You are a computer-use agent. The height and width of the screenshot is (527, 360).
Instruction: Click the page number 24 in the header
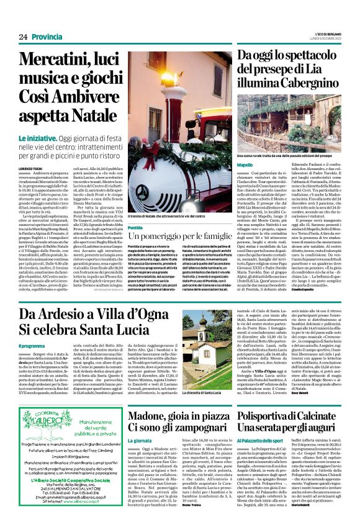(x=22, y=37)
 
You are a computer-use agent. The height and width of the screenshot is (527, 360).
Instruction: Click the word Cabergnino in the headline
(x=304, y=97)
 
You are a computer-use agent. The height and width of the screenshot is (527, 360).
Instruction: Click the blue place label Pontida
(x=137, y=228)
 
